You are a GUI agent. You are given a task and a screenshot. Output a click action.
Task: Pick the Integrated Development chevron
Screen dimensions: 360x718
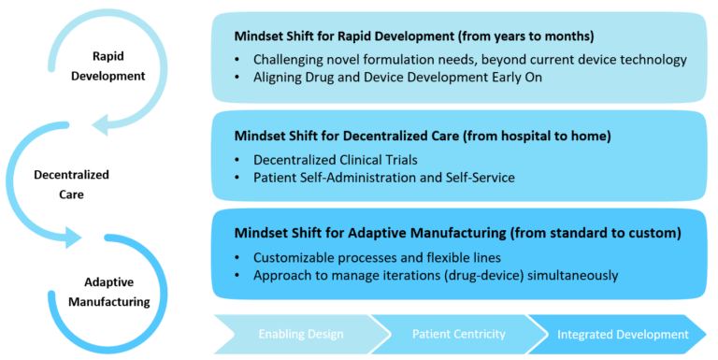[623, 334]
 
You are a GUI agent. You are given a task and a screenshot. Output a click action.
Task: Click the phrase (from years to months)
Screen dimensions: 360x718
[540, 36]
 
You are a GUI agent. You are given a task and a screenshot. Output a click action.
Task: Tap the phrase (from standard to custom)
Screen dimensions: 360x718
[604, 232]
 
